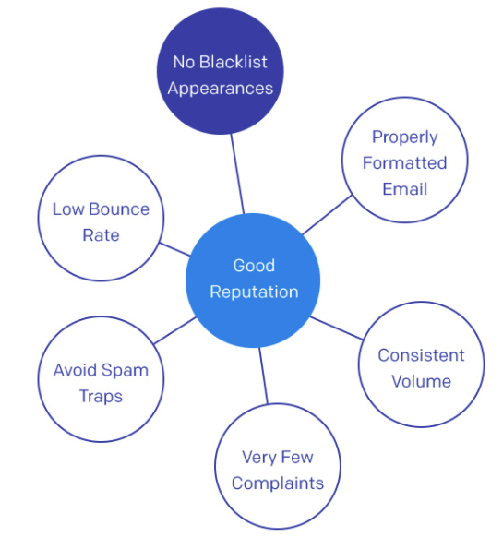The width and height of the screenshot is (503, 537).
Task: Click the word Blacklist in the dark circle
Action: click(x=233, y=63)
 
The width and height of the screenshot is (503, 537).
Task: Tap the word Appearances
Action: click(x=221, y=89)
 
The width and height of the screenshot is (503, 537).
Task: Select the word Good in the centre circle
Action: click(x=254, y=266)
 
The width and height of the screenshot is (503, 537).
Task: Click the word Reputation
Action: click(x=254, y=292)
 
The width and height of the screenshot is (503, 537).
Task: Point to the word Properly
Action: click(x=405, y=137)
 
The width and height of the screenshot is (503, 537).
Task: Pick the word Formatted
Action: click(x=404, y=163)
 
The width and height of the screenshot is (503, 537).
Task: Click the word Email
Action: click(x=404, y=189)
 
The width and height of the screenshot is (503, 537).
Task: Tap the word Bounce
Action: click(x=119, y=209)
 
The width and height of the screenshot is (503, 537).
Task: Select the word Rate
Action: click(x=101, y=235)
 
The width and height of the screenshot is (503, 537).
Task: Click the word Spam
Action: click(x=125, y=371)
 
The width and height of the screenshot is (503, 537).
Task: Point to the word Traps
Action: click(x=101, y=397)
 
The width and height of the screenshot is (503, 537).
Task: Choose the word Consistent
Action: click(x=421, y=355)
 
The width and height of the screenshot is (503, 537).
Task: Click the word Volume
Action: click(x=421, y=381)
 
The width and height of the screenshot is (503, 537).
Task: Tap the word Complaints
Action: click(x=278, y=483)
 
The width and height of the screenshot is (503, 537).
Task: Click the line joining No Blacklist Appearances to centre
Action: click(x=237, y=174)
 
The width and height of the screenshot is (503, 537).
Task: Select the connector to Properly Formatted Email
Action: click(x=328, y=215)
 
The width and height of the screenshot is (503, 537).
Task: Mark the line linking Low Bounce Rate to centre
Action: click(x=174, y=249)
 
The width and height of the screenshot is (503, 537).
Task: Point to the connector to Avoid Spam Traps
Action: click(x=174, y=330)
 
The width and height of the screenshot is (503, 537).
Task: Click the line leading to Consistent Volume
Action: click(x=336, y=328)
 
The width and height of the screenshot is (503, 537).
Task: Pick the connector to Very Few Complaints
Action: click(x=263, y=376)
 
